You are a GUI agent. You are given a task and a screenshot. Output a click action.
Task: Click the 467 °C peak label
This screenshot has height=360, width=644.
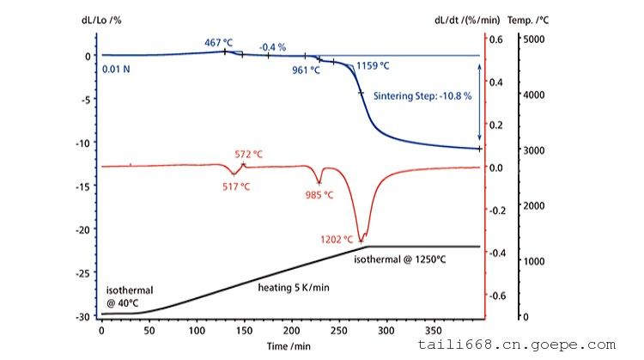point(219,42)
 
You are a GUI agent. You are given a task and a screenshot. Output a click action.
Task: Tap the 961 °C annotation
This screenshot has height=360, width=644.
point(304,70)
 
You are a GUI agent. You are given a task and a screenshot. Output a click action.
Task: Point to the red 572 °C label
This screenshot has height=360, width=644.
point(249,155)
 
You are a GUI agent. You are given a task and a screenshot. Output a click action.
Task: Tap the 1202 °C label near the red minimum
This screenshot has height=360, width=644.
point(336,240)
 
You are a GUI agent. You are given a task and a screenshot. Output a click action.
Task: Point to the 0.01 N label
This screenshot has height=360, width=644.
point(116,70)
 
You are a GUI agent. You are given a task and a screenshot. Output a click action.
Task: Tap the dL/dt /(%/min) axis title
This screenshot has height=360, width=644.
point(468,18)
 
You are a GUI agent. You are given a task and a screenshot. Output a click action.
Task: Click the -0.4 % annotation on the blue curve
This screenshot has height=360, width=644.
point(272,47)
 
